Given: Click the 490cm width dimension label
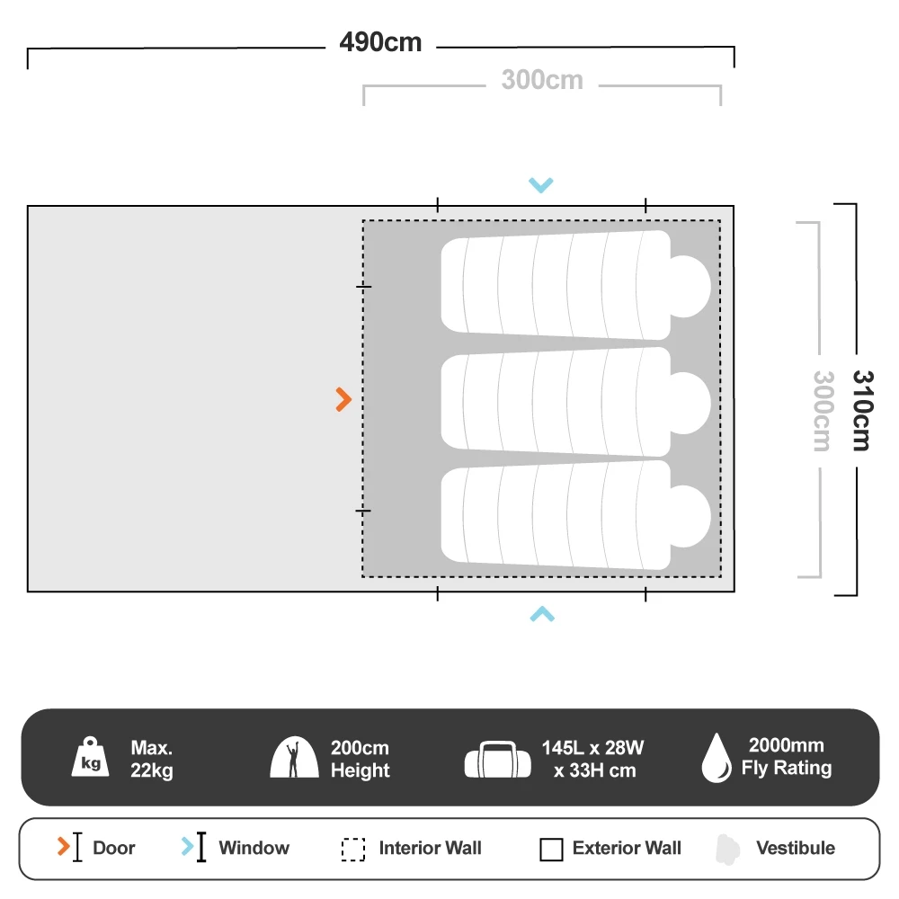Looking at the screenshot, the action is [x=380, y=42].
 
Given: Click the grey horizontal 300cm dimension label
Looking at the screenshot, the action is [x=542, y=80].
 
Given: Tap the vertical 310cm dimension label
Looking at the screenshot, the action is [x=862, y=411].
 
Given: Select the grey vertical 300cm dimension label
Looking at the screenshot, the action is [x=823, y=411].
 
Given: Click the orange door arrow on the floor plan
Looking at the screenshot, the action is [x=343, y=400].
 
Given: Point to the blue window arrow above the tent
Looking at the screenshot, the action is [x=541, y=184].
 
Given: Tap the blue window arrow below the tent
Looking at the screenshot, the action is [x=542, y=614].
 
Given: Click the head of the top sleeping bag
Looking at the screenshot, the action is [x=690, y=286].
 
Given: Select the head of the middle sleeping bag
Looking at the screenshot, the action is [x=690, y=403].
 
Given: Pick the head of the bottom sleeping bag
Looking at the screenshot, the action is [x=690, y=517].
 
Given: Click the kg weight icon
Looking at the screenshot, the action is [x=91, y=756].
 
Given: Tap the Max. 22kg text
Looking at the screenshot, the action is [x=152, y=759].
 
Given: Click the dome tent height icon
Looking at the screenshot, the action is [x=294, y=757].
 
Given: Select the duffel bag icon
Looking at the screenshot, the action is [x=498, y=759].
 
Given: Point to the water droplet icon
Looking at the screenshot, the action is [x=717, y=757].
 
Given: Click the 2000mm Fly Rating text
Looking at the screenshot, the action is [x=787, y=756].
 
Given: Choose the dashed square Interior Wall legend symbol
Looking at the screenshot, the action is [x=353, y=850].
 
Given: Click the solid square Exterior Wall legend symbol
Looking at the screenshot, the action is [x=552, y=850].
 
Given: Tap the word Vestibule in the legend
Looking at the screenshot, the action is [x=796, y=848].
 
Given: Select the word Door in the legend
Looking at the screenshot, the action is [x=114, y=848].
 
